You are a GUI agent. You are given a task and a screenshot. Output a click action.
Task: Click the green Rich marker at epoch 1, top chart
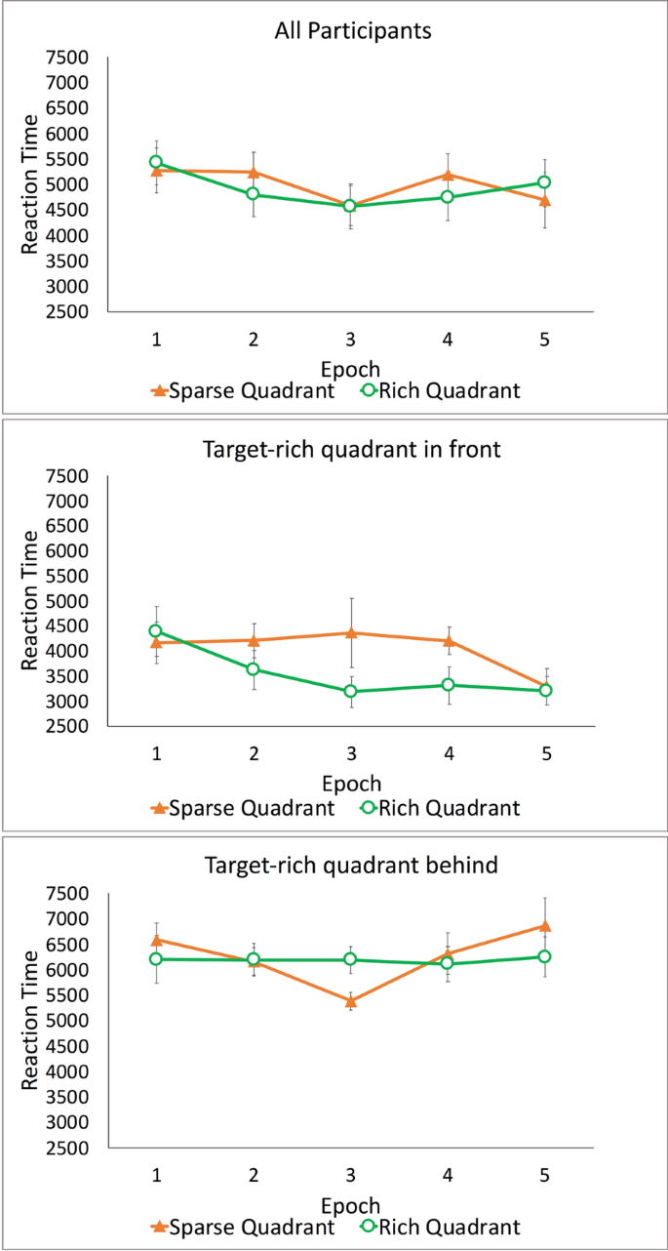pyautogui.click(x=156, y=162)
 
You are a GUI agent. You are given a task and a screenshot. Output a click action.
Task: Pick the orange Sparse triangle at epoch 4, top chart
pyautogui.click(x=448, y=176)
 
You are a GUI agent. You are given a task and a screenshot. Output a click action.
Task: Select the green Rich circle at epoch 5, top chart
pyautogui.click(x=544, y=182)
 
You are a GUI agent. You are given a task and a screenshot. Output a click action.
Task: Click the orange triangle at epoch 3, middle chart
pyautogui.click(x=350, y=632)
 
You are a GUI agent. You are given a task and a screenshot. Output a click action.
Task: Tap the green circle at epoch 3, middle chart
pyautogui.click(x=350, y=691)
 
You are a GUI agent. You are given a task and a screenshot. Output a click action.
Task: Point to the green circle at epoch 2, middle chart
pyautogui.click(x=253, y=668)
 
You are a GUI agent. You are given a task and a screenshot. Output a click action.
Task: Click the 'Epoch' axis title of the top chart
pyautogui.click(x=350, y=368)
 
